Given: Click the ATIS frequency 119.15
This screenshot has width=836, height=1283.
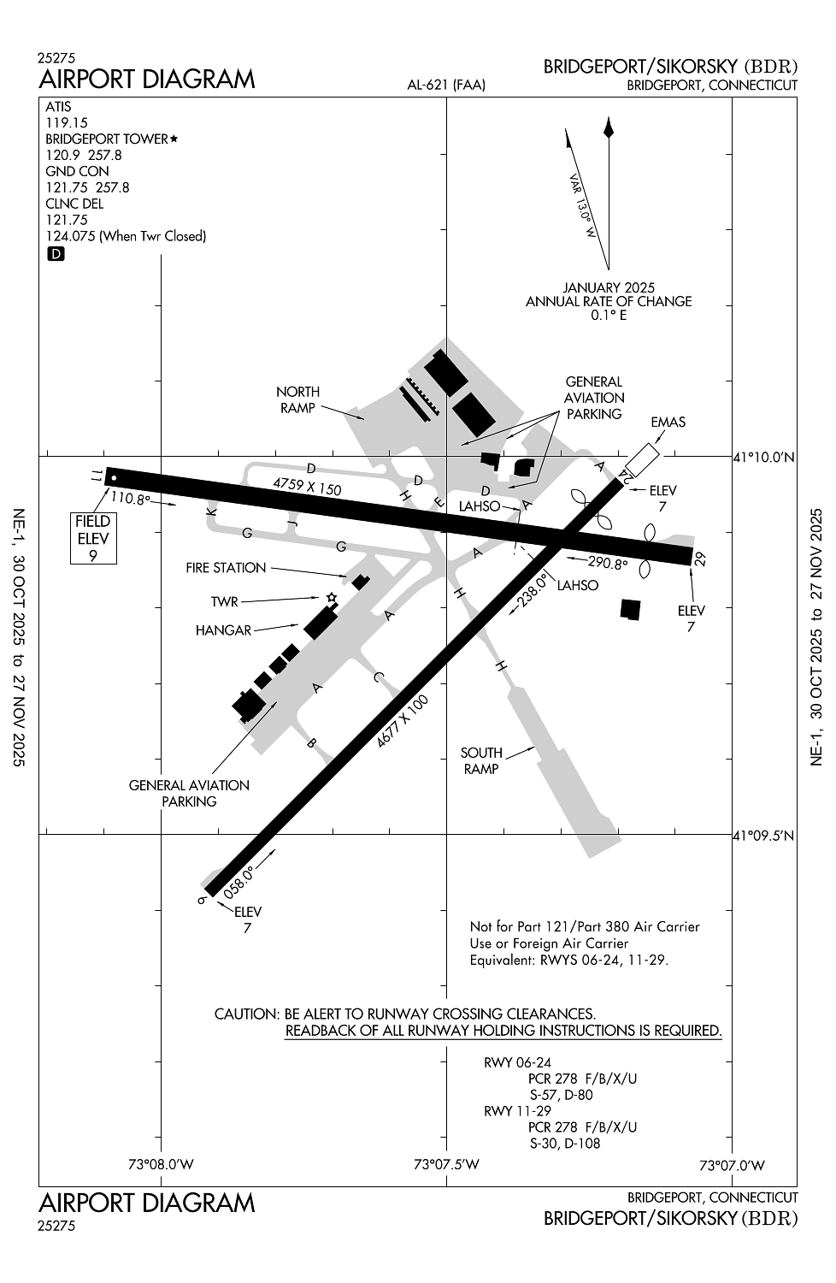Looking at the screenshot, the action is [x=67, y=122].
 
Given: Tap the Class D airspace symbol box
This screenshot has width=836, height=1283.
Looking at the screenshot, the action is [x=56, y=254].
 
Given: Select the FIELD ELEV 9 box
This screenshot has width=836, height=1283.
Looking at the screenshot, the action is [x=93, y=538].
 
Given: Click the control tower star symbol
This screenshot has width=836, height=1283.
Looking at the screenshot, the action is [x=331, y=598].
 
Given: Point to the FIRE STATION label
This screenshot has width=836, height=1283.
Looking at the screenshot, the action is [x=226, y=568].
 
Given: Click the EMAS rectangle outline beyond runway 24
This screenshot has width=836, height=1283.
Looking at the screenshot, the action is [x=642, y=459].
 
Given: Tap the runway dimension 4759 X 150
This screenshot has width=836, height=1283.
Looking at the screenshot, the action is [x=307, y=487].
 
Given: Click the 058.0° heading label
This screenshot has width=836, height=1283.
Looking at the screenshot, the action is [x=238, y=883].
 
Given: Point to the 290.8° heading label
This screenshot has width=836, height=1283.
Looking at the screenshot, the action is [x=608, y=563].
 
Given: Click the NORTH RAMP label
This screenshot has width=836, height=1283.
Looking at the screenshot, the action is [x=297, y=399].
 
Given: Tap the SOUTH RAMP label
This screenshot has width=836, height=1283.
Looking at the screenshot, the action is [x=481, y=760].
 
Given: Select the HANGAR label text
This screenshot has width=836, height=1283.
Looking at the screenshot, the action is [x=223, y=630].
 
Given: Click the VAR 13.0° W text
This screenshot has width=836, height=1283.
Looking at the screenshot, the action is [x=583, y=206].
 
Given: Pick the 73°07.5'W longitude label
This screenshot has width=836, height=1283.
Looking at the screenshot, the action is [x=446, y=1164].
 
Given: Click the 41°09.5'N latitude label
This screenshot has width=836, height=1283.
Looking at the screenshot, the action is [x=763, y=836].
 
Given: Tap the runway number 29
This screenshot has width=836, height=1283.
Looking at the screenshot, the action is [x=699, y=559].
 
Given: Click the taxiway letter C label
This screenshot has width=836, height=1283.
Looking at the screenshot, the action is [x=378, y=677].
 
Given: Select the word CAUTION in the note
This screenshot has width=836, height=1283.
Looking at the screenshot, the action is [x=247, y=1014].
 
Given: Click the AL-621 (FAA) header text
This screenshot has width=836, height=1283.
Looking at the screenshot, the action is [x=446, y=86].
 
